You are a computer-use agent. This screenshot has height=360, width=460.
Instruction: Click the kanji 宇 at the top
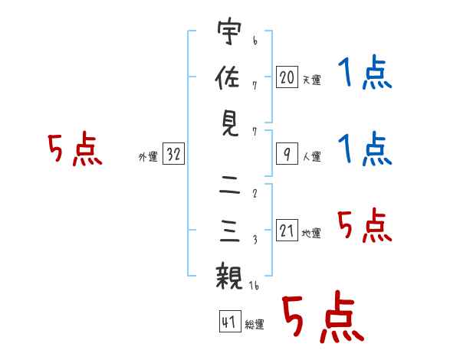tap(229, 31)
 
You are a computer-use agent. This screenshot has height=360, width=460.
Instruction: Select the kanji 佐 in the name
tap(228, 77)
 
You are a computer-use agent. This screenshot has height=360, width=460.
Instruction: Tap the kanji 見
tap(230, 123)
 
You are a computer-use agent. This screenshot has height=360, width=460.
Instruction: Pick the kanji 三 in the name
tap(230, 231)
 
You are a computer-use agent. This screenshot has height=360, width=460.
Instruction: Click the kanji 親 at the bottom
tap(228, 276)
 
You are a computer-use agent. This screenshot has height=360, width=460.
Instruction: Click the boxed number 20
tap(287, 77)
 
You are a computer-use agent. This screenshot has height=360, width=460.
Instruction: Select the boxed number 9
tap(287, 154)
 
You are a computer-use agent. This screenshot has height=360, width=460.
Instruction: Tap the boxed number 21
tap(287, 231)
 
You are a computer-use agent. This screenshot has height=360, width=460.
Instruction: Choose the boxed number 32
tap(173, 154)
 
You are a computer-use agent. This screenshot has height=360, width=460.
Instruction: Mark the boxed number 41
tap(230, 322)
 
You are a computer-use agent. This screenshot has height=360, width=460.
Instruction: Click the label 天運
tap(312, 80)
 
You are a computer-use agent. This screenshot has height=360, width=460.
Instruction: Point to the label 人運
tap(312, 156)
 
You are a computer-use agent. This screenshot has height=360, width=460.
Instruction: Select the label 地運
tap(311, 234)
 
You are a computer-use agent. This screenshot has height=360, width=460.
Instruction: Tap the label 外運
tap(148, 156)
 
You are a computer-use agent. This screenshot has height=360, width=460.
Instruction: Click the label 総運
tap(255, 325)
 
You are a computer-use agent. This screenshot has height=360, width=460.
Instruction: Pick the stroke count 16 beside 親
tap(254, 285)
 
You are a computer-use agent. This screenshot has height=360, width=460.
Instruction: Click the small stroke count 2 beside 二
tap(255, 194)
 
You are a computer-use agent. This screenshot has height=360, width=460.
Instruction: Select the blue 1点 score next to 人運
tap(365, 149)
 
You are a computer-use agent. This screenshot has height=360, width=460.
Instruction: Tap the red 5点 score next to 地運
tap(365, 225)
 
